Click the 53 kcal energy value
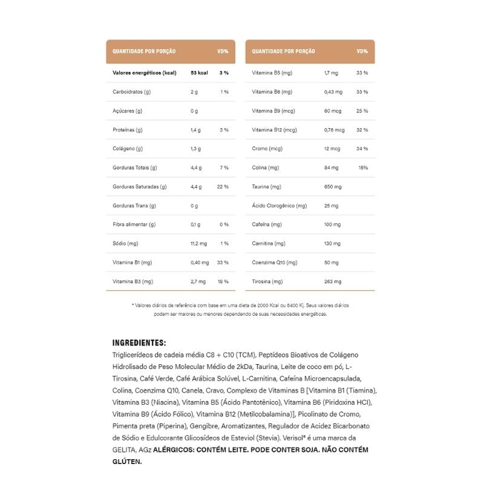click(x=199, y=73)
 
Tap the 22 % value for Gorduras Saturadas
click(x=222, y=186)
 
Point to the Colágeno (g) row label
click(x=128, y=149)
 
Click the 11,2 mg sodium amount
click(x=198, y=243)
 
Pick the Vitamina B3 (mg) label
click(x=132, y=281)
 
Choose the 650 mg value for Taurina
click(x=333, y=186)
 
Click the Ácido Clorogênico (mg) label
click(x=280, y=206)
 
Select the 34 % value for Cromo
click(x=362, y=149)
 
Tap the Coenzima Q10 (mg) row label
click(x=275, y=263)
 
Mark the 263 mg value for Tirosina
click(x=333, y=281)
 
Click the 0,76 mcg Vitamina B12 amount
click(x=335, y=129)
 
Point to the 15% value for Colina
click(x=363, y=168)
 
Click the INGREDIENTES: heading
click(x=139, y=342)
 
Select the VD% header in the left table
click(x=223, y=51)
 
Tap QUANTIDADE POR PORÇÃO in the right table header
click(x=283, y=51)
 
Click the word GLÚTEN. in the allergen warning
click(x=127, y=461)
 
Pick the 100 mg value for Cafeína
click(x=333, y=224)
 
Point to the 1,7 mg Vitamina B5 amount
click(x=331, y=73)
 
